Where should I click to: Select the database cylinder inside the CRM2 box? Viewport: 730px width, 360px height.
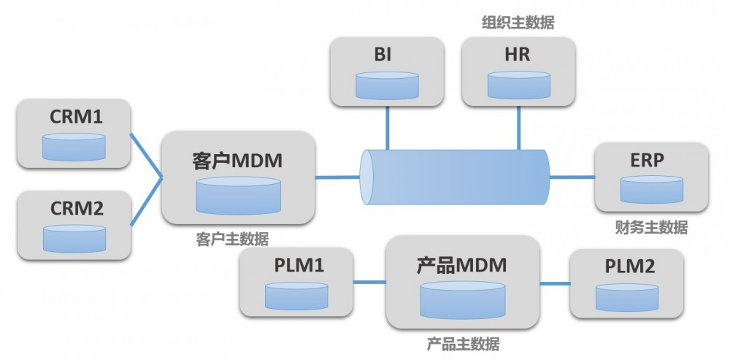[74, 238]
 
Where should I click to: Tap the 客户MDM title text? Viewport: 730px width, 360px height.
[237, 161]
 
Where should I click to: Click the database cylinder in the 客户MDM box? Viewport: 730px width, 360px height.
[238, 195]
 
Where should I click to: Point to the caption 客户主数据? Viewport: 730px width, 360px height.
[232, 240]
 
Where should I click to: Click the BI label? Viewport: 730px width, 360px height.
[387, 55]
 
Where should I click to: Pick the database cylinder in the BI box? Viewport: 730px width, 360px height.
[387, 85]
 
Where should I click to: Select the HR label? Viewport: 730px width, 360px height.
[518, 55]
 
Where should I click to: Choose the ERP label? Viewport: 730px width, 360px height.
[651, 161]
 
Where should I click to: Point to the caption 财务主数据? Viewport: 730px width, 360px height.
[651, 228]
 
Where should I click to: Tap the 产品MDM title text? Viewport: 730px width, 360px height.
[461, 265]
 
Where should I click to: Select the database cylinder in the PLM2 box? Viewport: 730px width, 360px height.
[626, 297]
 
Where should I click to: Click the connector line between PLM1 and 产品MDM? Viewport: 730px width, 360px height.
[369, 282]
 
